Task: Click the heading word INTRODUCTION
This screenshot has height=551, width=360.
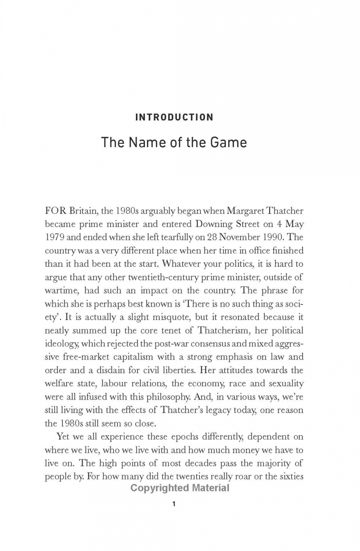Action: [174, 118]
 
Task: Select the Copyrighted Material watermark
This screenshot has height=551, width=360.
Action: [180, 488]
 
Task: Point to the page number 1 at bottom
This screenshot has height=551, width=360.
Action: [174, 504]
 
